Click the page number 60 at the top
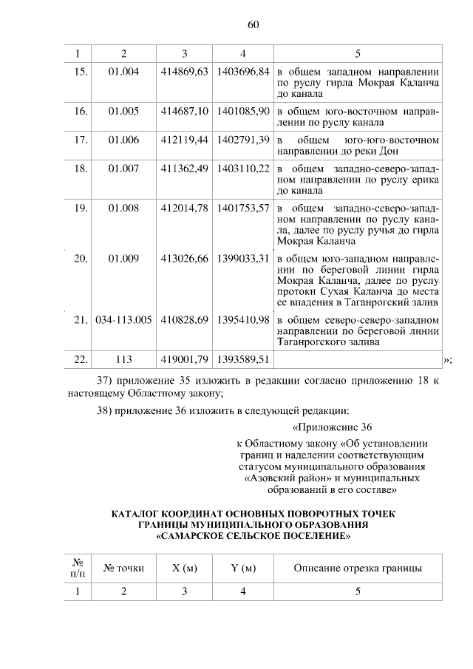pos(252,24)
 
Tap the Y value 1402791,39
pos(242,140)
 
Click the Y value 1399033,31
pos(242,258)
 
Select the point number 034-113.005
pos(123,320)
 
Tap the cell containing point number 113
pos(123,359)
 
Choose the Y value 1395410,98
pos(242,320)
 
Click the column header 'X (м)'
pos(184,568)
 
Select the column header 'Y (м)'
pos(242,568)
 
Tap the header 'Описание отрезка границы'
pos(358,568)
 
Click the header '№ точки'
pos(123,568)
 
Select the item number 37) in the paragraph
pos(106,381)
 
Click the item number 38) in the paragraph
pos(106,410)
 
